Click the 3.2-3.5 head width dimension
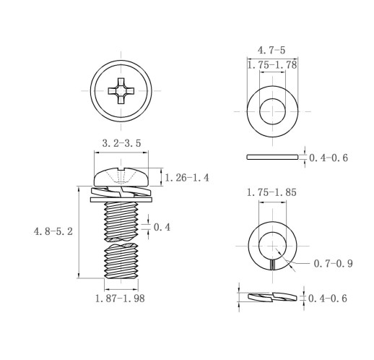point(121,143)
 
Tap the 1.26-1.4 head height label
point(187,178)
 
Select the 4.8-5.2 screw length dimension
point(53,231)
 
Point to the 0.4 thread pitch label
point(162,227)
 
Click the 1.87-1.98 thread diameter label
point(120,299)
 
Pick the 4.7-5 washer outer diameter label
point(271,51)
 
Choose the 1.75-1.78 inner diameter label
point(272,65)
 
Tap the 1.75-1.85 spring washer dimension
point(271,192)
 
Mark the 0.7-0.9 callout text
point(334,263)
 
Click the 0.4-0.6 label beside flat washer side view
point(329,158)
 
